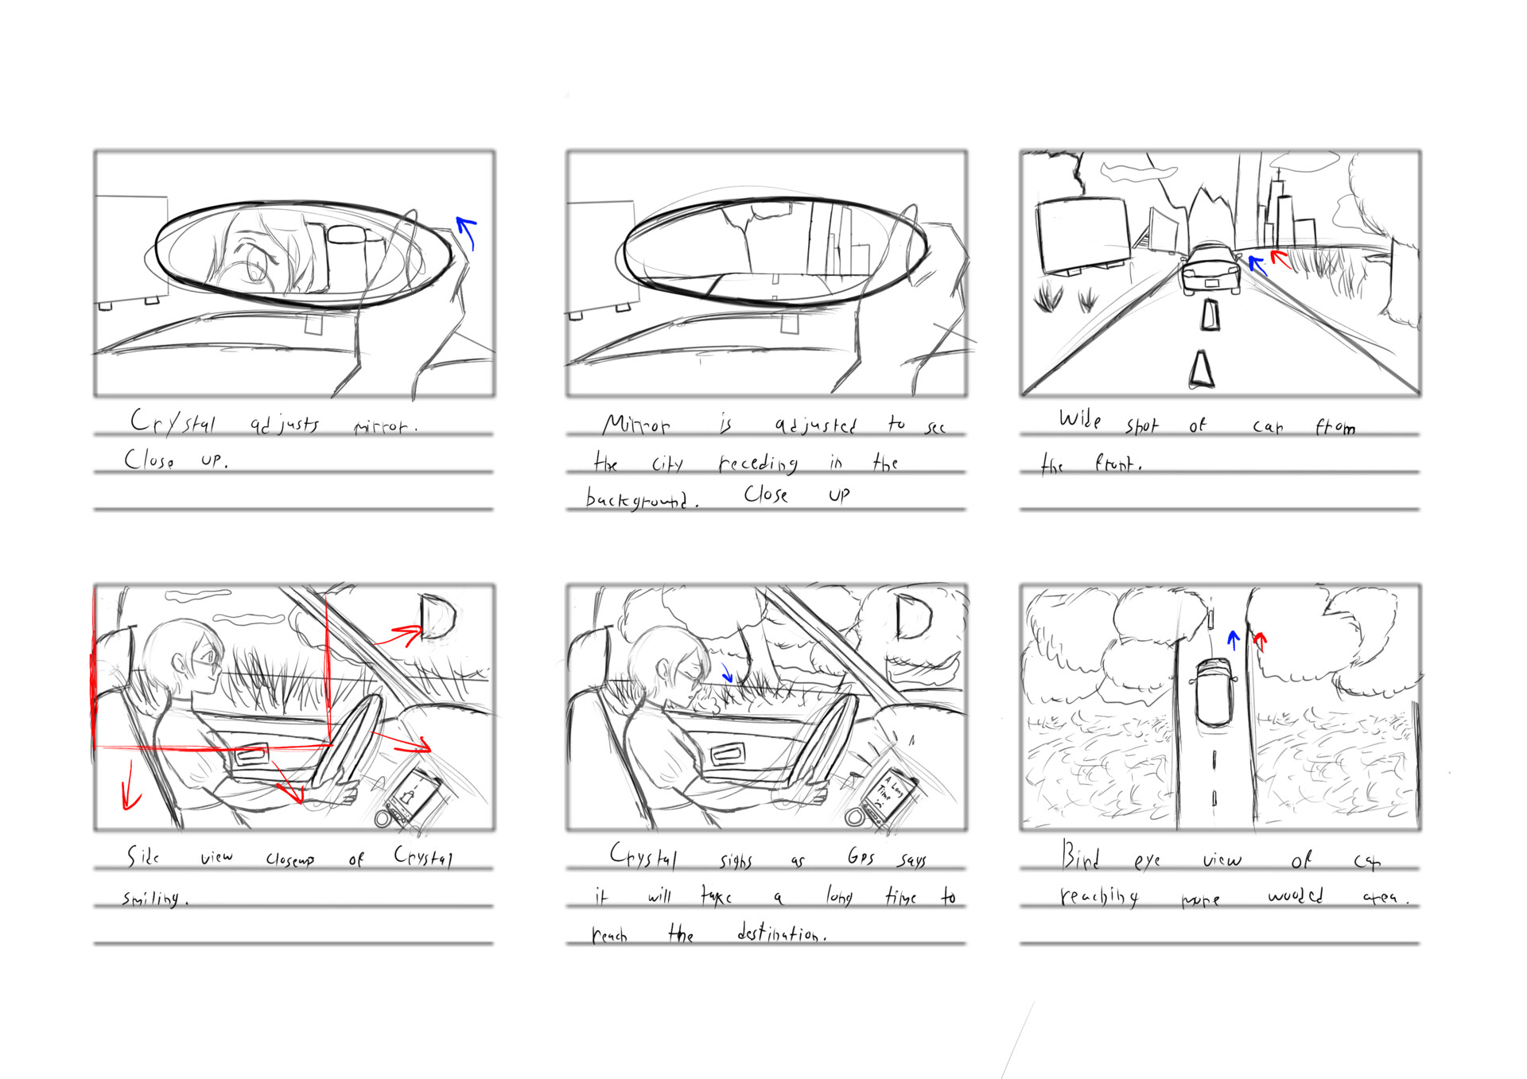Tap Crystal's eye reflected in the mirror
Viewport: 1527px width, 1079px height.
pyautogui.click(x=257, y=262)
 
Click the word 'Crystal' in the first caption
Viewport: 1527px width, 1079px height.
pyautogui.click(x=173, y=422)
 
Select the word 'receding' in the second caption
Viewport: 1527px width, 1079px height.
pyautogui.click(x=758, y=463)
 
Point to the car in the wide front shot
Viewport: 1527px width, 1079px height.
pyautogui.click(x=1210, y=269)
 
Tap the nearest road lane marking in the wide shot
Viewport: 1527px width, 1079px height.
pyautogui.click(x=1201, y=371)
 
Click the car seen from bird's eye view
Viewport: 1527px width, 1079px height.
pyautogui.click(x=1214, y=692)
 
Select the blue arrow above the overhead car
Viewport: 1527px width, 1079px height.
pyautogui.click(x=1234, y=638)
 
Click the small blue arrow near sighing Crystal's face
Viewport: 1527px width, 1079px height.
pyautogui.click(x=726, y=673)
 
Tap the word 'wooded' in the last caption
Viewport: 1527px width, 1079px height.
pyautogui.click(x=1295, y=895)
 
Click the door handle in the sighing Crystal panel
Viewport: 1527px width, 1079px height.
pyautogui.click(x=725, y=753)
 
